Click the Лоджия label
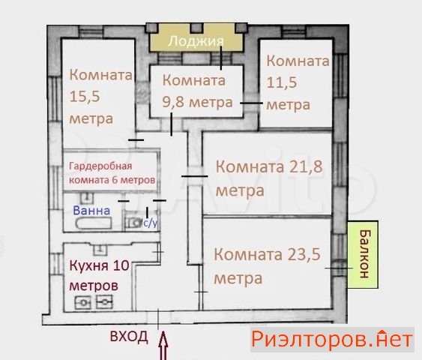196,42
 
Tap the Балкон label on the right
364,253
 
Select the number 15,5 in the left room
85,96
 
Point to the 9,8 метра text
197,103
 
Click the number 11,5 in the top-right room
282,82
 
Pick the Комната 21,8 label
269,166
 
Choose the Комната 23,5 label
268,254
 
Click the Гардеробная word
100,166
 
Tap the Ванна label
91,211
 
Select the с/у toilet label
150,223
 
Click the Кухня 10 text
99,265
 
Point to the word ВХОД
129,336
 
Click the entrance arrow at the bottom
163,346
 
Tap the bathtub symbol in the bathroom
94,223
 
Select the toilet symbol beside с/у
133,223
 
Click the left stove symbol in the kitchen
83,303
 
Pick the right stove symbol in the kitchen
104,302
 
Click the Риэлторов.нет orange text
332,339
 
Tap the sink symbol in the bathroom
87,197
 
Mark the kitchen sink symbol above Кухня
100,249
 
